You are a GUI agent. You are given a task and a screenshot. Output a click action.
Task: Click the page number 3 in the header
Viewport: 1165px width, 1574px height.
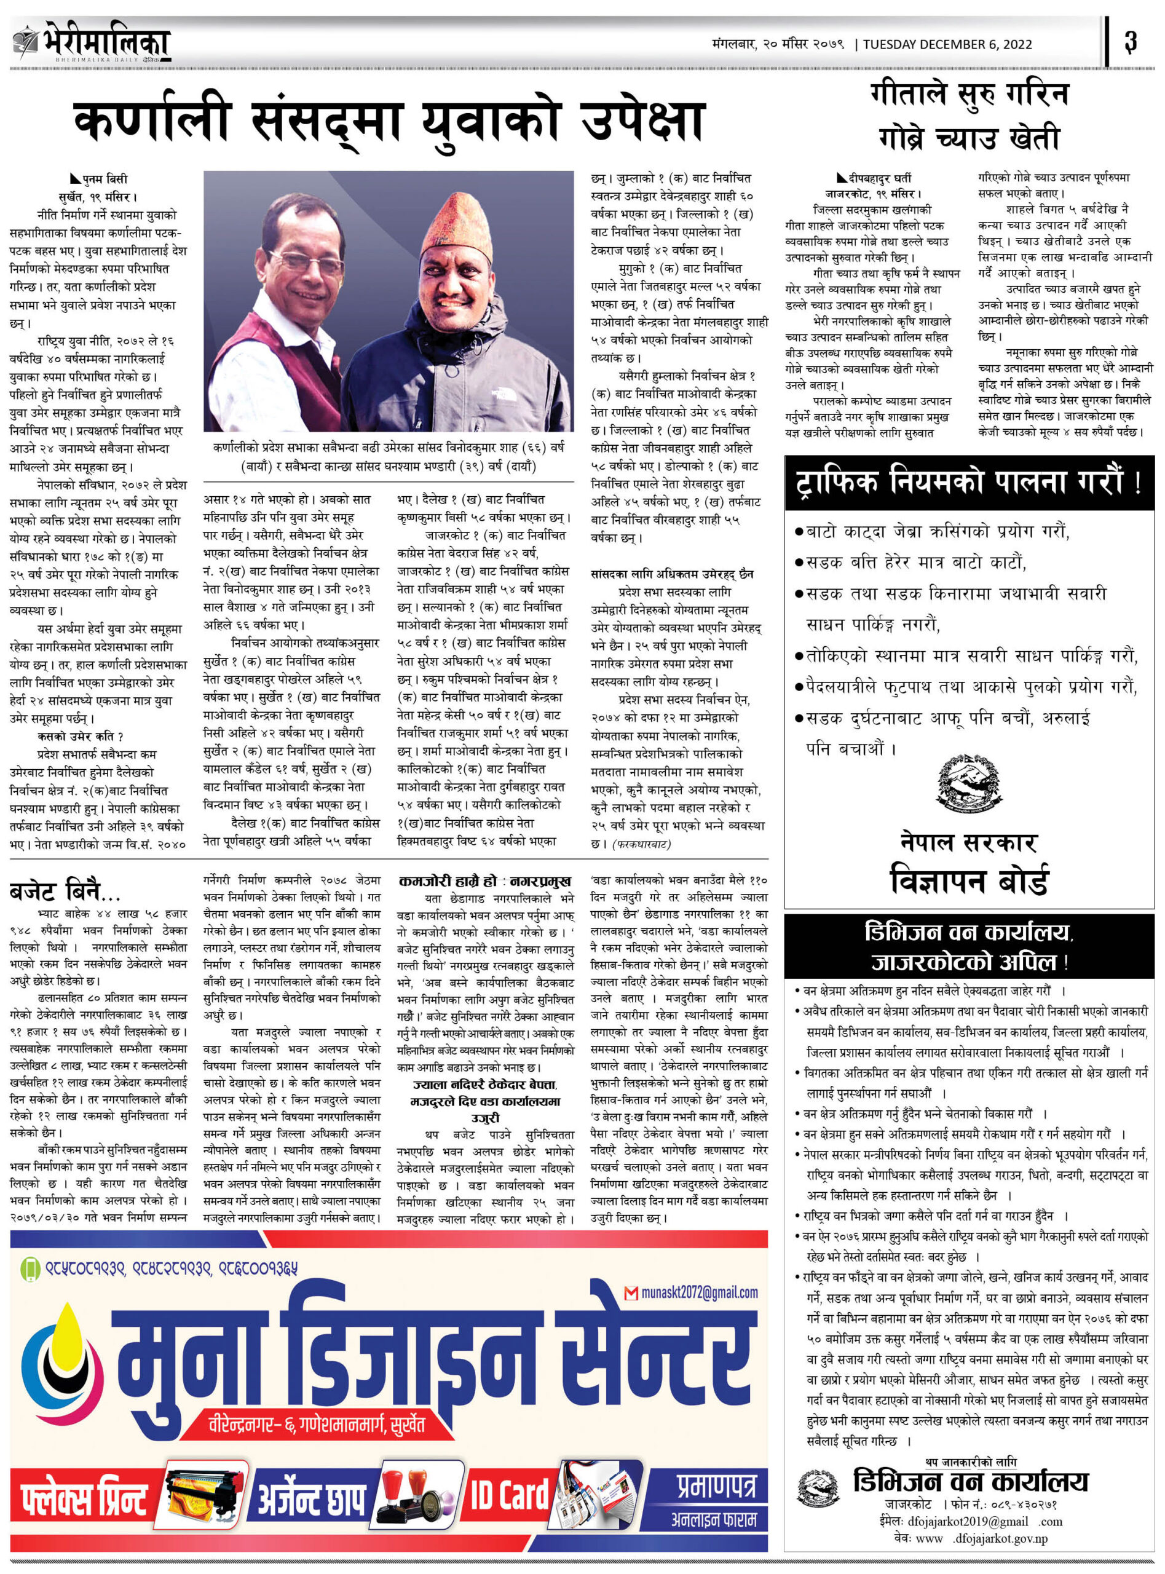tap(1131, 42)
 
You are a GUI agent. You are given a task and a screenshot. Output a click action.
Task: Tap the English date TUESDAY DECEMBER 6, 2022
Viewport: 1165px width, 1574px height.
tap(947, 44)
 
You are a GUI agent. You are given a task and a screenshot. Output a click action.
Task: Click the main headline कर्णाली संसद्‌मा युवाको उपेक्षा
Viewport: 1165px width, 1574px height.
tap(389, 120)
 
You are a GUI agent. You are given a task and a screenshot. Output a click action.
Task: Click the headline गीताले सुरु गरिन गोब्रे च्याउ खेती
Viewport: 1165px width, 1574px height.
tap(970, 115)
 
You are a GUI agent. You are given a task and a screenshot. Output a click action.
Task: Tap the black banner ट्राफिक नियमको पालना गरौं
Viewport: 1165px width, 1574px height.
tap(969, 483)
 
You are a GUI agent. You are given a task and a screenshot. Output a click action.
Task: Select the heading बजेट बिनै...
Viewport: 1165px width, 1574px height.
tap(65, 892)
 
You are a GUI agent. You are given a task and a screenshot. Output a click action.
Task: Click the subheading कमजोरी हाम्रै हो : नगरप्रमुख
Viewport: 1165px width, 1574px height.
tap(484, 882)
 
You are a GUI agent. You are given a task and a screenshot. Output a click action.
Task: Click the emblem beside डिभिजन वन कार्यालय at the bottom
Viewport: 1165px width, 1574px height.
tap(818, 1489)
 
